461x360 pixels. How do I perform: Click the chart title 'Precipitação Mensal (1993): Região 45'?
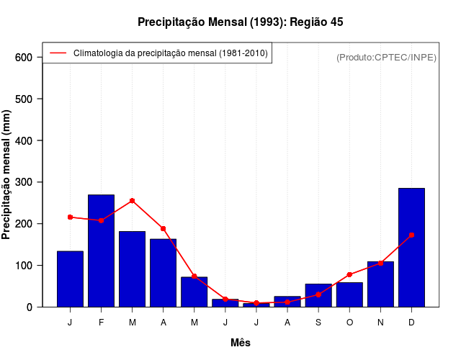240,22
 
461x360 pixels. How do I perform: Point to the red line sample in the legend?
58,53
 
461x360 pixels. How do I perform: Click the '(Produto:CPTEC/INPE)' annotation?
386,57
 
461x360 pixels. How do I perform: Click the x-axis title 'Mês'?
241,343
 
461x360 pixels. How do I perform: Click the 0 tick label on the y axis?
30,307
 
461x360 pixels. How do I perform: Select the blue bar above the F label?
101,251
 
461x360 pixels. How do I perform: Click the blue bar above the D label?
411,247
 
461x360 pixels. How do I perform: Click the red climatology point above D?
411,235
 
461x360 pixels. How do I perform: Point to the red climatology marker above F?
101,220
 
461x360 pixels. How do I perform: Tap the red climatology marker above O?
349,274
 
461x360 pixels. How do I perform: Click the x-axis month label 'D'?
411,323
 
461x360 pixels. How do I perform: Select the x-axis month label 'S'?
318,323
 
